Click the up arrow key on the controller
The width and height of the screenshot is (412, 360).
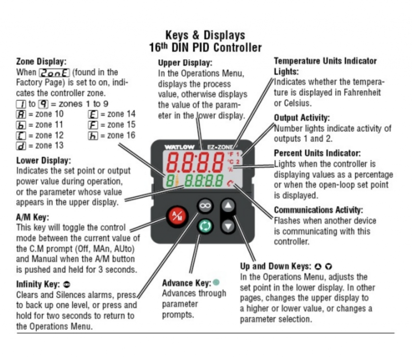(228, 206)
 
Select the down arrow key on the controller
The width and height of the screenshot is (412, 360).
(228, 226)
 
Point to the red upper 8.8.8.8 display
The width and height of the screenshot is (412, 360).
(195, 162)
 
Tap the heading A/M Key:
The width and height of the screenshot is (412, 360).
(32, 217)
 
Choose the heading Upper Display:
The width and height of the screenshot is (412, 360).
(185, 63)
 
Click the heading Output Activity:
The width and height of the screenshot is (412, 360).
(302, 118)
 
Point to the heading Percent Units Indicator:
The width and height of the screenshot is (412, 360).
(317, 153)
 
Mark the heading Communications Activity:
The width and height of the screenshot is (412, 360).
(318, 210)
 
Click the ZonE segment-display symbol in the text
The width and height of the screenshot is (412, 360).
(54, 72)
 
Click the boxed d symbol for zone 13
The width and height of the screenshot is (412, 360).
(21, 145)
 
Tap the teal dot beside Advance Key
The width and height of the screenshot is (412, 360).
(216, 282)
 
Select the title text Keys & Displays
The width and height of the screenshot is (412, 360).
(205, 35)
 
